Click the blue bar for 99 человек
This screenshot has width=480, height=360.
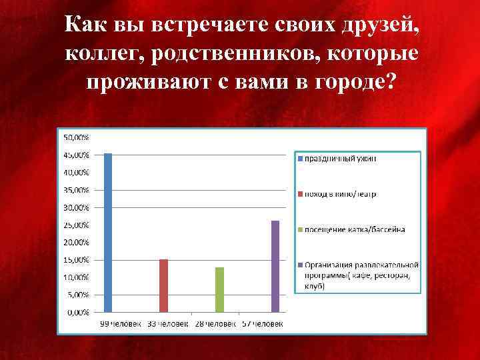(108, 233)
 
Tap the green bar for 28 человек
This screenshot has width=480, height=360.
(219, 289)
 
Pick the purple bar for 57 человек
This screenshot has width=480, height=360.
(275, 266)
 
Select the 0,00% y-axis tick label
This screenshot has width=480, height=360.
(79, 312)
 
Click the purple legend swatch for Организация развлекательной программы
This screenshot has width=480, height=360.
(301, 265)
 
